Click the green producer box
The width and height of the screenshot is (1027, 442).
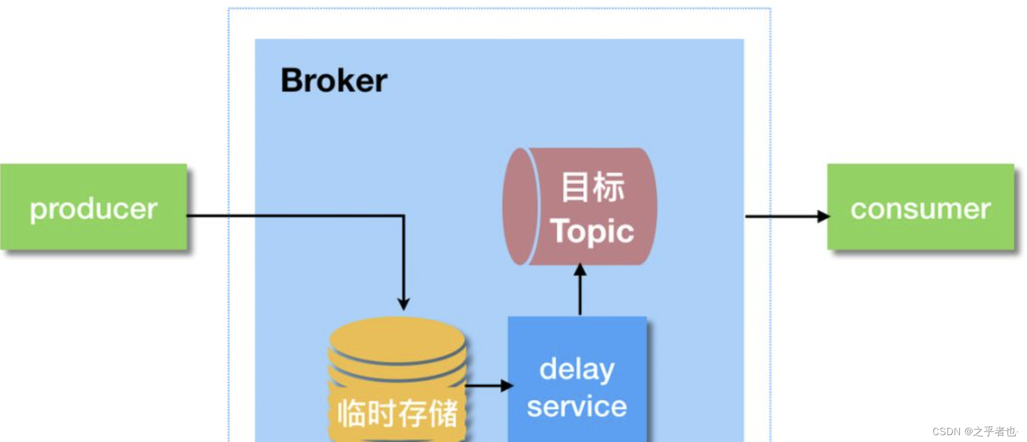(x=93, y=207)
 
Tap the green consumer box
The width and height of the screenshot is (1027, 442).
(x=920, y=207)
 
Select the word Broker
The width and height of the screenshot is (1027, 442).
(x=334, y=80)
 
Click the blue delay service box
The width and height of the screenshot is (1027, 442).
(x=577, y=379)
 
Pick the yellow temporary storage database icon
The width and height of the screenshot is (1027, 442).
(x=397, y=379)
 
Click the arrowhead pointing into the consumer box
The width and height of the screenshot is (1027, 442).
(x=823, y=216)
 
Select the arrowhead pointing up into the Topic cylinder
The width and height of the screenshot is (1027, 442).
(x=580, y=269)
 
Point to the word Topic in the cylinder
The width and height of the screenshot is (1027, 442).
(x=592, y=231)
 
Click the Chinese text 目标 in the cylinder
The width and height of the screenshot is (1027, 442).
(x=593, y=187)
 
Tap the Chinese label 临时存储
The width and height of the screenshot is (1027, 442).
(x=397, y=413)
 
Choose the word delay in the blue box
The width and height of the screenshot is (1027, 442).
(x=577, y=370)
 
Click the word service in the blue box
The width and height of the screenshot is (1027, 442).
(x=577, y=407)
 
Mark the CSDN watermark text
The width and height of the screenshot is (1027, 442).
(x=974, y=431)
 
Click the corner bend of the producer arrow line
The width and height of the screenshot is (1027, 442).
(x=404, y=216)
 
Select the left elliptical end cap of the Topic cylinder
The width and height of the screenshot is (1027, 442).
(x=519, y=206)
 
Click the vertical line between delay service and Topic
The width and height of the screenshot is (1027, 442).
(x=580, y=296)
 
